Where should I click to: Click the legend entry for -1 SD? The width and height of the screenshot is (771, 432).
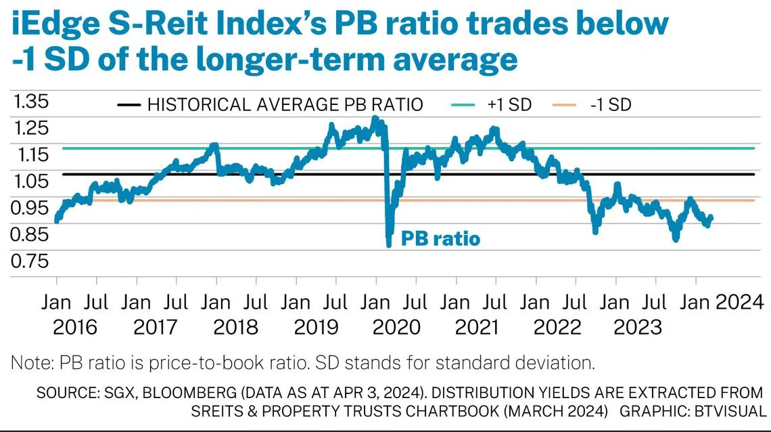coord(613,105)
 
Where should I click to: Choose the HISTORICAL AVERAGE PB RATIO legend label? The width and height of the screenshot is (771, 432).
coord(285,105)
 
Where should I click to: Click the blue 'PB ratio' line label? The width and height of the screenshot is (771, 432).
coord(440,238)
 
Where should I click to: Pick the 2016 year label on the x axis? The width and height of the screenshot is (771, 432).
coord(74,327)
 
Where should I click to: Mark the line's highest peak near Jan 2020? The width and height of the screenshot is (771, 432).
coord(375,118)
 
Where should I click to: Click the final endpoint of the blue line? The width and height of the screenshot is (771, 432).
coord(711,217)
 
